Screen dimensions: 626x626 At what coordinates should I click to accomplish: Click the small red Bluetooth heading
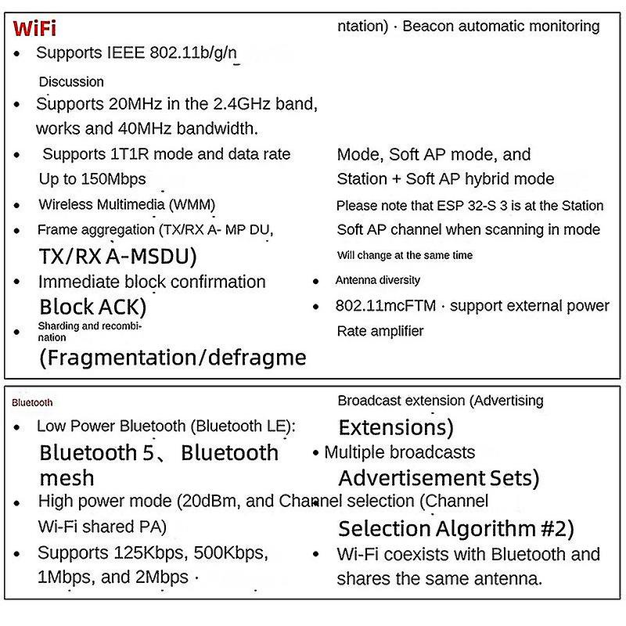tap(33, 402)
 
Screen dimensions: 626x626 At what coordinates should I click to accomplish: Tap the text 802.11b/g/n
tap(200, 53)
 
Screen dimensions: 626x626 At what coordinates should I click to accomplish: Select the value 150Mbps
tap(113, 179)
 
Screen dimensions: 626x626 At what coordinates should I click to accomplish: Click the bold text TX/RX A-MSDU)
tap(117, 256)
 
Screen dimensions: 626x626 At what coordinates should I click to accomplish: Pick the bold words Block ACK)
tap(93, 306)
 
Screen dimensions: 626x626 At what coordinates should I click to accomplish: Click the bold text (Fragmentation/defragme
tap(172, 358)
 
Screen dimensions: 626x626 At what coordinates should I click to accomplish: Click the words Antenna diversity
tap(378, 280)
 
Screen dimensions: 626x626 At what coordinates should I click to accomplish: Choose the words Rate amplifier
tap(380, 331)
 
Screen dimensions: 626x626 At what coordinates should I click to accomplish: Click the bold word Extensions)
tap(396, 427)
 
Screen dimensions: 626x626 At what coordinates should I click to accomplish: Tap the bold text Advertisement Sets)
tap(439, 477)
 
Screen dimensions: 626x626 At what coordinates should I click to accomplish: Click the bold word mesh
tap(67, 477)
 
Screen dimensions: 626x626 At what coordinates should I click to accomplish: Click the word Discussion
tap(71, 81)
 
